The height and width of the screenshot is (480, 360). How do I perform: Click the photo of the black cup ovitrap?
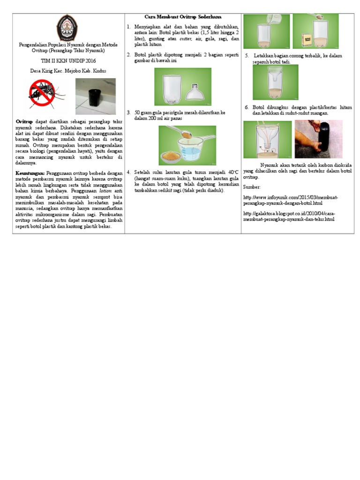coord(95,96)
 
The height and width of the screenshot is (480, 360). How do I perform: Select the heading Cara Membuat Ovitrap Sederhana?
coord(183,17)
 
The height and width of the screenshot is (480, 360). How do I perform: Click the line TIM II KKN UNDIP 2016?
coord(68,61)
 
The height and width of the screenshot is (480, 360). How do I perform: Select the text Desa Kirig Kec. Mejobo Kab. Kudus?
coord(68,71)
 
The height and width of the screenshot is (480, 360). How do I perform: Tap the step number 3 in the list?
coord(128,113)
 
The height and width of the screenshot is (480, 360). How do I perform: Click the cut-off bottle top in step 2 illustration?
coord(195,92)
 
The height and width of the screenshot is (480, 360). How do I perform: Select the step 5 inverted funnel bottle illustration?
coord(275,82)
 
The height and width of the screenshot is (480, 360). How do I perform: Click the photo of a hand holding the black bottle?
coord(318,139)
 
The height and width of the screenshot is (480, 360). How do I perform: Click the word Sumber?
coord(252,187)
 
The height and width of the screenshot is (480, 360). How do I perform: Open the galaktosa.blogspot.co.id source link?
coord(289,216)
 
